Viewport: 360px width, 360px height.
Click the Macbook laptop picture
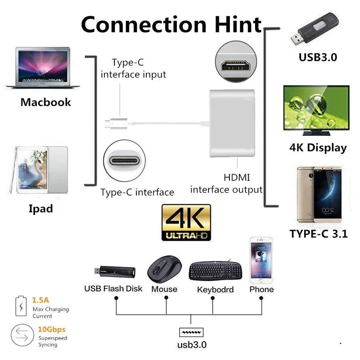coord(43,67)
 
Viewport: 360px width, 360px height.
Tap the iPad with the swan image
coord(39,170)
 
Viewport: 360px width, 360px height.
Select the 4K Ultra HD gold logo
coord(186,222)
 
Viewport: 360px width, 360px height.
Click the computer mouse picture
coord(164,269)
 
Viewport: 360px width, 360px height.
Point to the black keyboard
coord(216,270)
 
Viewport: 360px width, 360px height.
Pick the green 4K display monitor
coord(316,110)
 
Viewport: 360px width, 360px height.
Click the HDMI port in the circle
coord(236,62)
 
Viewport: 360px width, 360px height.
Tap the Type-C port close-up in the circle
coord(125,161)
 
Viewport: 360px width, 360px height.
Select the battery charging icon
coord(21,306)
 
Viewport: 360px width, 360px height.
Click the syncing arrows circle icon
coord(22,335)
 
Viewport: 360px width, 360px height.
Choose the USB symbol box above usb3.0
coord(191,332)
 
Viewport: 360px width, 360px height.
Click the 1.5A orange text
coord(40,300)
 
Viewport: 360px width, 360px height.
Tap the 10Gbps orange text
coord(52,329)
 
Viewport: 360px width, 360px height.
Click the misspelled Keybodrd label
coord(216,289)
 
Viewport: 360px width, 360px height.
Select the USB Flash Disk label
coord(113,288)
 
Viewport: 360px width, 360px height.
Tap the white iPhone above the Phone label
coord(261,260)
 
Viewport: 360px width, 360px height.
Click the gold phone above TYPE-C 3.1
coord(319,195)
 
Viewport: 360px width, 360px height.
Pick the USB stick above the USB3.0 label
coord(314,28)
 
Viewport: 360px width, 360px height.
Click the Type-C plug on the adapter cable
coord(116,123)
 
